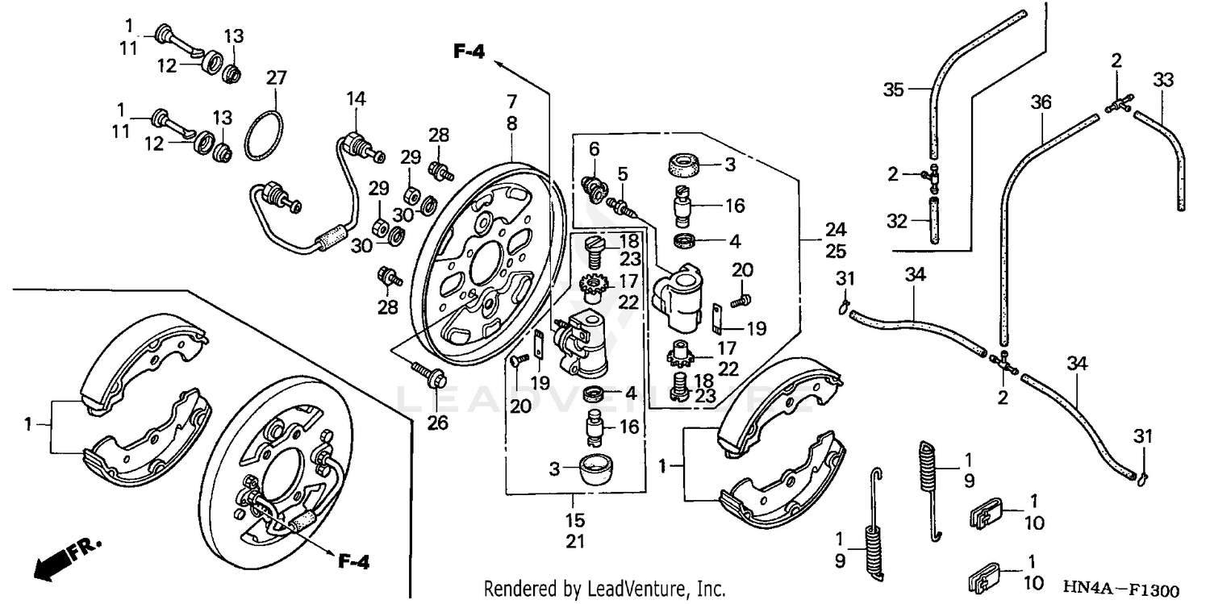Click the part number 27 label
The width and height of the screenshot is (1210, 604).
276,78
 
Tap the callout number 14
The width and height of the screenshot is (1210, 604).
357,98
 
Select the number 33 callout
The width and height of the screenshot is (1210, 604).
1162,80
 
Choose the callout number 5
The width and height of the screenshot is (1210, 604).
622,174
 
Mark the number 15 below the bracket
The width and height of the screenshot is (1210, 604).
574,521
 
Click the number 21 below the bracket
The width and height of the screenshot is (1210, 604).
574,542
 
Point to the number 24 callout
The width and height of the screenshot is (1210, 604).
836,229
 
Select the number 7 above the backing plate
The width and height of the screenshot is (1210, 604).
511,102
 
